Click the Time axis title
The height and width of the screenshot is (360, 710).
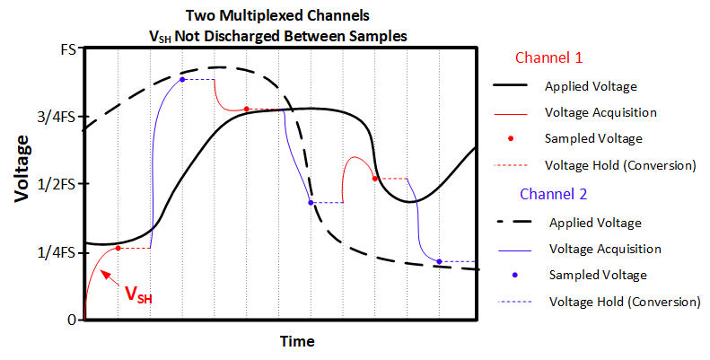coord(296,342)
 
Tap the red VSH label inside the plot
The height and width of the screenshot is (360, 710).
coord(137,294)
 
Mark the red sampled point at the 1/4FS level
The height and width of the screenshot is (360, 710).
coord(118,248)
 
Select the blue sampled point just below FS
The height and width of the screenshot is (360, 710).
coord(182,80)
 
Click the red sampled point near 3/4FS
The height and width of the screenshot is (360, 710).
coord(246,110)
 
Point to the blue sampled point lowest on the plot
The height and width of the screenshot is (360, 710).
coord(439,261)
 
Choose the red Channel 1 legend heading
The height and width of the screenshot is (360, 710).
coord(548,58)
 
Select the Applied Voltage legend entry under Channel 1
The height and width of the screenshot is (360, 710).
coord(591,86)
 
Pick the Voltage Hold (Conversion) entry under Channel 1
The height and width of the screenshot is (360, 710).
coord(620,165)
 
